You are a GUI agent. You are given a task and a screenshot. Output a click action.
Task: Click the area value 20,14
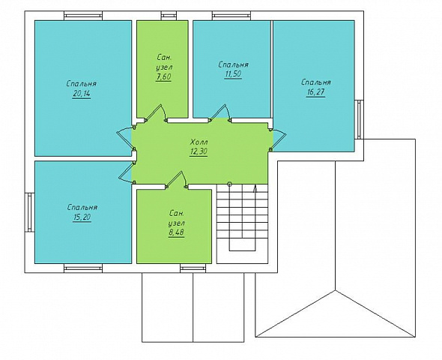point(82,94)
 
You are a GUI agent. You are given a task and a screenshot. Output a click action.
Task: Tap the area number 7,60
point(163,76)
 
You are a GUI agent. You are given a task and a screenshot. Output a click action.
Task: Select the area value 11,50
point(233,74)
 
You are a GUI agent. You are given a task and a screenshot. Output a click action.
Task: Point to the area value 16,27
point(315,92)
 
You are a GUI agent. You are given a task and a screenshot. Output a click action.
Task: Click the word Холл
point(199,141)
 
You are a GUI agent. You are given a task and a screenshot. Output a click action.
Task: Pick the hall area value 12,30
point(199,151)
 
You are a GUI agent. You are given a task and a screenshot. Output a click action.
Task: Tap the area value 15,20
point(82,217)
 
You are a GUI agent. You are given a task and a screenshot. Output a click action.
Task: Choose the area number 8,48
point(177,232)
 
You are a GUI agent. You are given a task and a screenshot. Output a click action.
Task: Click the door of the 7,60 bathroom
point(156,112)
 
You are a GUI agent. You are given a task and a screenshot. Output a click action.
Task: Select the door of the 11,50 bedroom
point(220,112)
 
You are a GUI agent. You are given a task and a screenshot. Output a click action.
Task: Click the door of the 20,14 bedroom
point(125,138)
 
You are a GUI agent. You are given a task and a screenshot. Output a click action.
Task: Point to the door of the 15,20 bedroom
point(127,172)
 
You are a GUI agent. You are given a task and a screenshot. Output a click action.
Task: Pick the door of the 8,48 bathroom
point(176,180)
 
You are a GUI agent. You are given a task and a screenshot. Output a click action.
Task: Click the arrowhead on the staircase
point(255,188)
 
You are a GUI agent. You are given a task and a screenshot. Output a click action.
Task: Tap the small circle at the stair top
point(229,184)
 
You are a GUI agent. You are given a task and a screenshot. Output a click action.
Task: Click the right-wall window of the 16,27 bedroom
point(359,119)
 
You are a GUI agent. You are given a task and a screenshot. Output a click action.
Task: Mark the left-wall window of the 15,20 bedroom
point(29,212)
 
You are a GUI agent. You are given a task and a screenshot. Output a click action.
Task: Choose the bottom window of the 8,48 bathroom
point(193,268)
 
